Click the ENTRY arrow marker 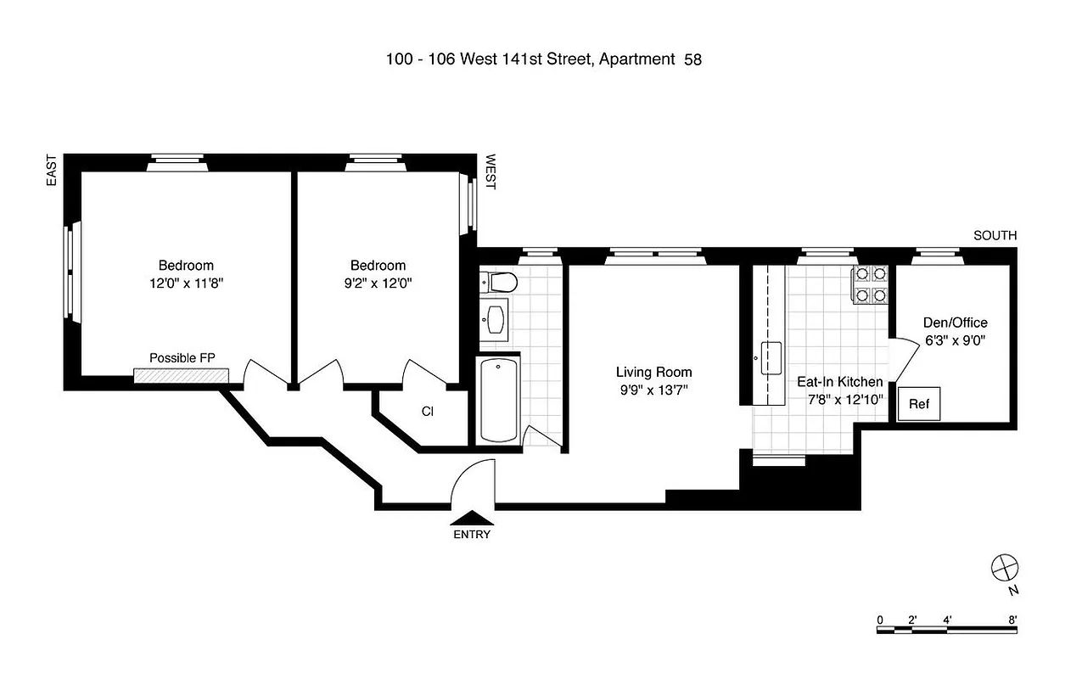point(471,518)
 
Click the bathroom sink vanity point(495,317)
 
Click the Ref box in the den point(919,404)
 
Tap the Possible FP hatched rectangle point(182,375)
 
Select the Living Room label point(653,372)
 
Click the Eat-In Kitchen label point(839,382)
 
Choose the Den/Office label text point(955,323)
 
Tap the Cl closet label point(428,412)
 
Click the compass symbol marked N point(1004,567)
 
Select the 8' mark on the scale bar point(1012,620)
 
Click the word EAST point(52,170)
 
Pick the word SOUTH point(995,236)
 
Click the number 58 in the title point(692,59)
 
